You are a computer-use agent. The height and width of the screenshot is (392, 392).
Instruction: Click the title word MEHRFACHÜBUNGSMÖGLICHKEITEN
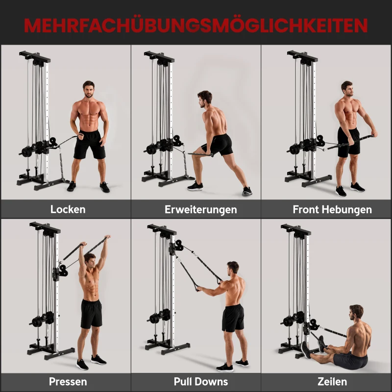(x=196, y=24)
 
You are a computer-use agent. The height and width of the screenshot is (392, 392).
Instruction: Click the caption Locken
(x=68, y=209)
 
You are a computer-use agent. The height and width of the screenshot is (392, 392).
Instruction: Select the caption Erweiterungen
(x=200, y=209)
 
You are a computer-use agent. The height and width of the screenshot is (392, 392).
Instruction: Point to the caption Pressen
(x=68, y=381)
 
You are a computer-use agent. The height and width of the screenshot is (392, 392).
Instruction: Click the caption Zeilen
(x=332, y=381)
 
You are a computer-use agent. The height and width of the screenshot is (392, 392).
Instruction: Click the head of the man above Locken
(x=89, y=90)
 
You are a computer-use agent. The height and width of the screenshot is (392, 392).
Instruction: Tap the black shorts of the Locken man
(x=90, y=144)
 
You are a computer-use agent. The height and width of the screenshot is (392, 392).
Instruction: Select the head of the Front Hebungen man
(x=347, y=90)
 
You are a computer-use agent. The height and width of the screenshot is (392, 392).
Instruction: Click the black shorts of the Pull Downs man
(x=233, y=317)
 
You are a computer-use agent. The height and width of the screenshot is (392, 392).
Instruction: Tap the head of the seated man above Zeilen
(x=356, y=313)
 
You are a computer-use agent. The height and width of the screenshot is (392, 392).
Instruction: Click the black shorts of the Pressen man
(x=91, y=313)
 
